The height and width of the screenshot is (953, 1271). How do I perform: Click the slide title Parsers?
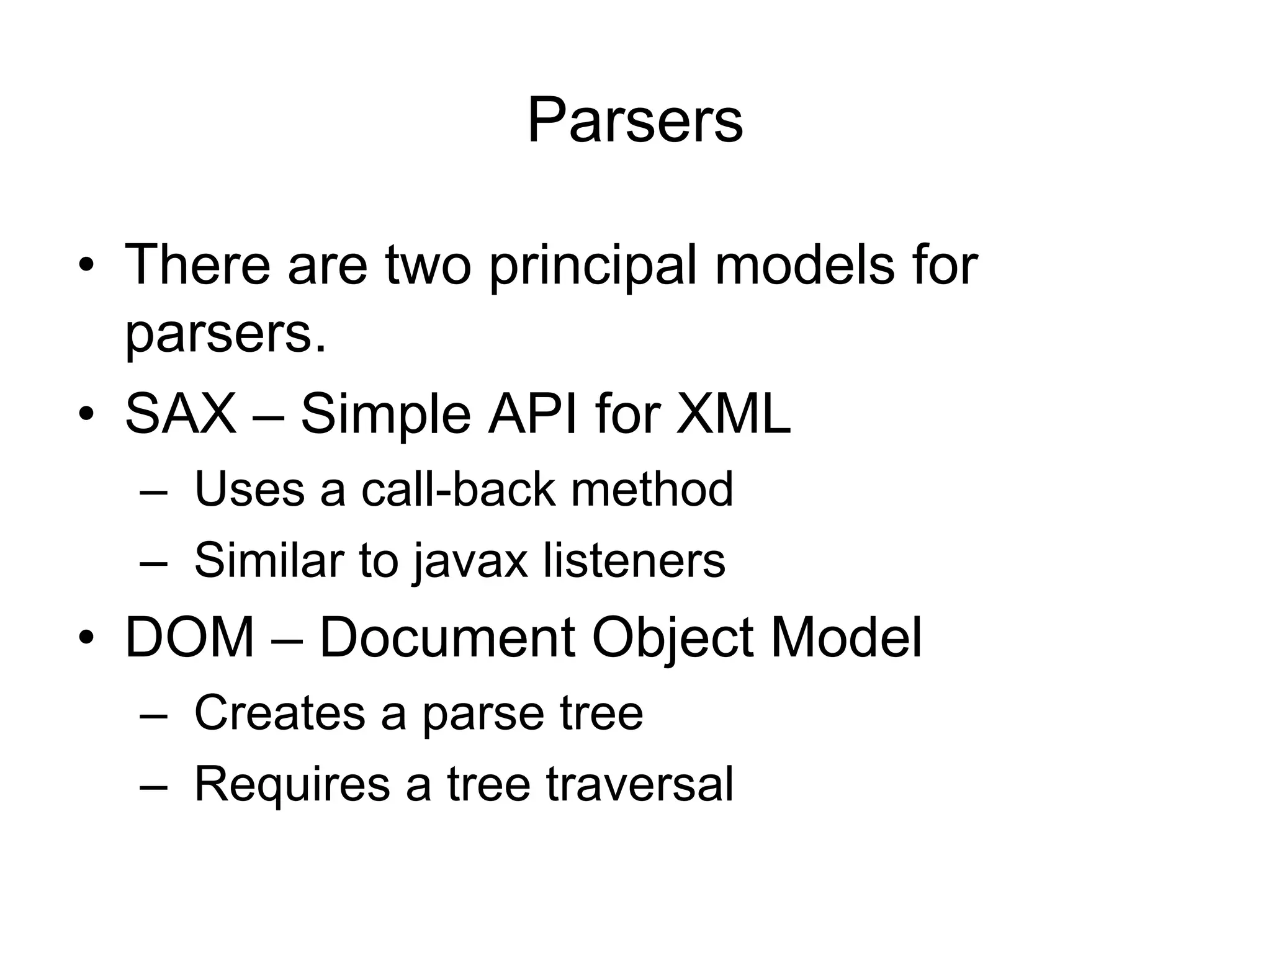point(635,120)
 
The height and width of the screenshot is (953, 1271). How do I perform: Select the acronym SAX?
point(181,414)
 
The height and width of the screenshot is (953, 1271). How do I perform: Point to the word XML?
point(733,414)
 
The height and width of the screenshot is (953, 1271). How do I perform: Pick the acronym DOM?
point(190,638)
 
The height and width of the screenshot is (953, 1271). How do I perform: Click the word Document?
point(447,638)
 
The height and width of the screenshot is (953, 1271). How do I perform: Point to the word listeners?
point(634,560)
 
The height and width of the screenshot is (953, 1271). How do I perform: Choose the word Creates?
point(280,713)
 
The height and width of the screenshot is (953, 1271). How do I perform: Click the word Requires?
point(292,785)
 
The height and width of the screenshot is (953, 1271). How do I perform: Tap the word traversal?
point(640,784)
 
